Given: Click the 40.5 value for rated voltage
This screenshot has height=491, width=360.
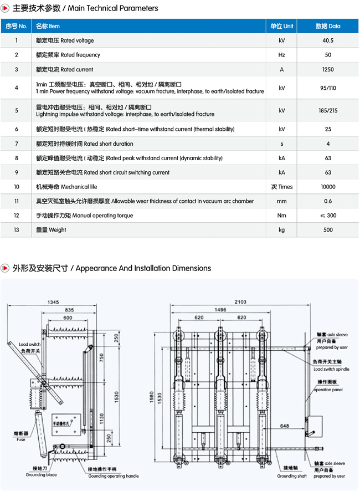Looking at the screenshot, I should click(x=328, y=40).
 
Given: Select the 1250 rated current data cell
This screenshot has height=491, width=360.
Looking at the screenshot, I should click(x=328, y=69).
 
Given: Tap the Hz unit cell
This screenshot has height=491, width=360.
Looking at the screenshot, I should click(x=282, y=55).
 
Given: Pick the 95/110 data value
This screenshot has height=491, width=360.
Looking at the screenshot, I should click(x=328, y=88).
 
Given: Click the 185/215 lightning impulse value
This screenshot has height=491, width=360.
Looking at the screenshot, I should click(x=328, y=111).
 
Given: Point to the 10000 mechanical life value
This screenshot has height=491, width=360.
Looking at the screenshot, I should click(x=328, y=187).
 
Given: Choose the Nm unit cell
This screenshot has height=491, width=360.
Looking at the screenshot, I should click(x=282, y=216).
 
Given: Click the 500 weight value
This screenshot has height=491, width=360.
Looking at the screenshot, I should click(x=328, y=230).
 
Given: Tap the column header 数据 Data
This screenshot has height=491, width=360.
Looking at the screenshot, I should click(x=328, y=26).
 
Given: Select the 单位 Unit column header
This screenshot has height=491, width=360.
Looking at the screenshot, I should click(x=282, y=26).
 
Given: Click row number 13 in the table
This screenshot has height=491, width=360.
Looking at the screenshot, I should click(x=17, y=230).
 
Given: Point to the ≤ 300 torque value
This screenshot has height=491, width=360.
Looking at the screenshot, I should click(x=328, y=216).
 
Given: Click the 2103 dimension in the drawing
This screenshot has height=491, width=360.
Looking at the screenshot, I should click(x=240, y=301).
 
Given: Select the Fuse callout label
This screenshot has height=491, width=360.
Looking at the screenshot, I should click(x=20, y=439).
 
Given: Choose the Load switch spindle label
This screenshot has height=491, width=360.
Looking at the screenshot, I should click(x=331, y=369).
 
